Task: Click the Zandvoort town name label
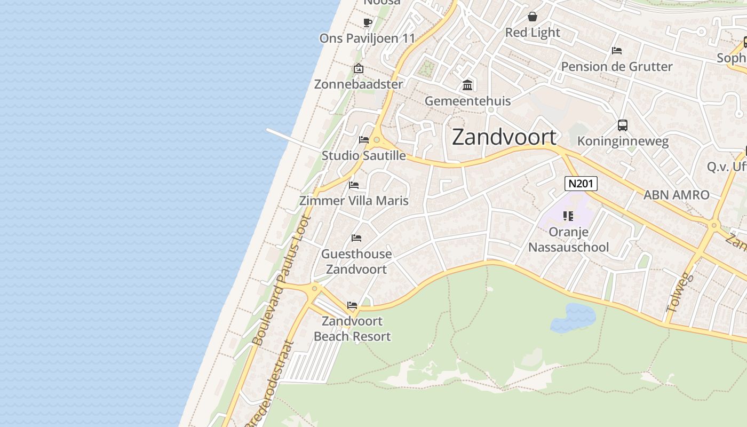[504, 138]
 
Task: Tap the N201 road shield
[581, 184]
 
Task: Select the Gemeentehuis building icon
[468, 85]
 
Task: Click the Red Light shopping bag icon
[532, 17]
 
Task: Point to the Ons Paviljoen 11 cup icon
[368, 22]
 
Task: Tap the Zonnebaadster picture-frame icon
[359, 68]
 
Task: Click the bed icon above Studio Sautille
[364, 140]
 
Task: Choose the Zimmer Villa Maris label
[354, 201]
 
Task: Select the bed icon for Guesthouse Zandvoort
[356, 238]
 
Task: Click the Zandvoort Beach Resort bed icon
[352, 305]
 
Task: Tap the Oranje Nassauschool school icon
[568, 216]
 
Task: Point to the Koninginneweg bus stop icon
[623, 125]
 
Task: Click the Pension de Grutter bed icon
[617, 51]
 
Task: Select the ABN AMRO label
[676, 195]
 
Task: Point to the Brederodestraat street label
[269, 384]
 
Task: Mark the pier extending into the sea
[291, 139]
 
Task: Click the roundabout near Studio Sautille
[377, 140]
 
